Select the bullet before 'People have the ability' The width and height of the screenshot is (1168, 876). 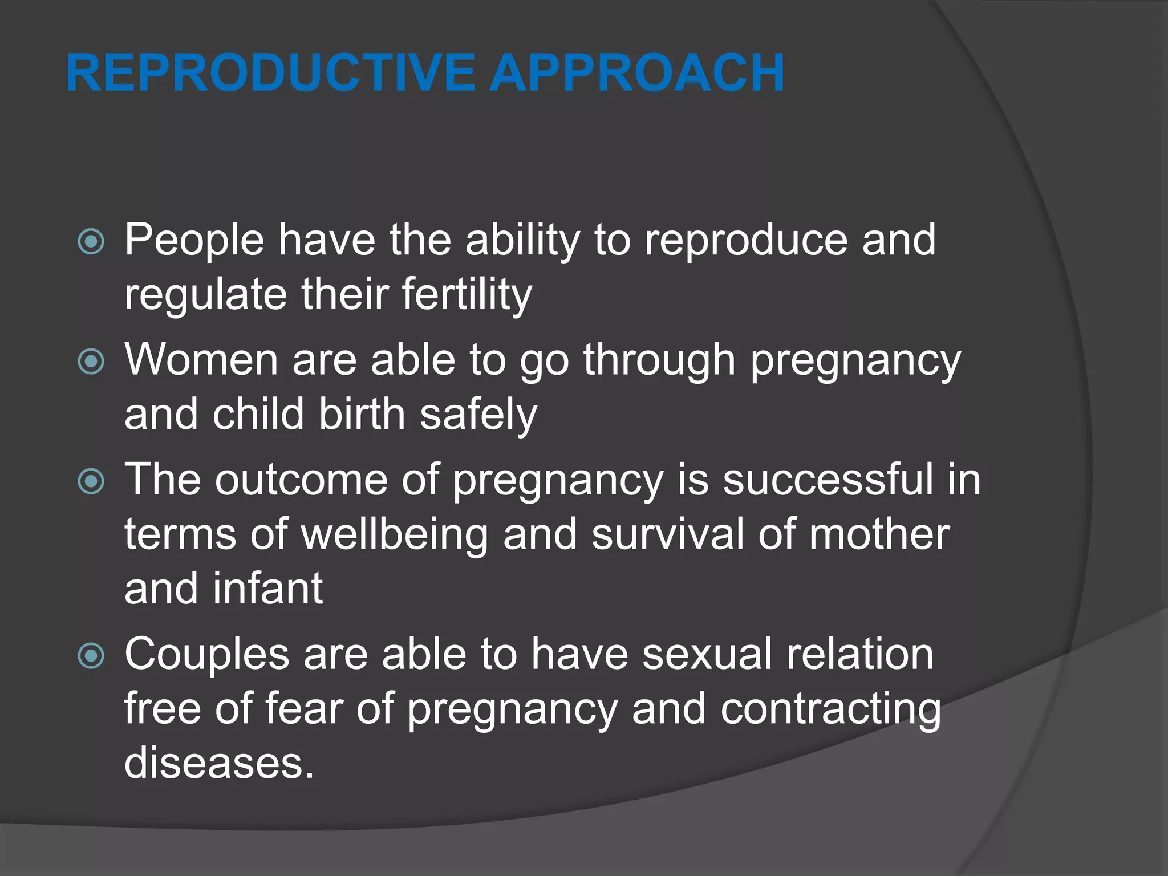pyautogui.click(x=91, y=242)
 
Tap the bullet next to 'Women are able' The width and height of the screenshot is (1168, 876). pyautogui.click(x=91, y=362)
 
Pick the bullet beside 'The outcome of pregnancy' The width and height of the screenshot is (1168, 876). pyautogui.click(x=91, y=481)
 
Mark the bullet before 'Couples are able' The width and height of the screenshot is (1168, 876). pyautogui.click(x=91, y=656)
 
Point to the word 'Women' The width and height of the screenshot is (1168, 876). pyautogui.click(x=201, y=360)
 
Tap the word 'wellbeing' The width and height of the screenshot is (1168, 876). pyautogui.click(x=394, y=535)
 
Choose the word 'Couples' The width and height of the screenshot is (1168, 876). pyautogui.click(x=206, y=655)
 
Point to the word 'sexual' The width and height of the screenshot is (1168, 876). pyautogui.click(x=707, y=654)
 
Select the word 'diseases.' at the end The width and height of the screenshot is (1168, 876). pyautogui.click(x=219, y=763)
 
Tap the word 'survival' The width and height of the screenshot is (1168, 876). pyautogui.click(x=667, y=534)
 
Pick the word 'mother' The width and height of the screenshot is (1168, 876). pyautogui.click(x=879, y=534)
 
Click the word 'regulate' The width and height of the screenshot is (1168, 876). pyautogui.click(x=205, y=295)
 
